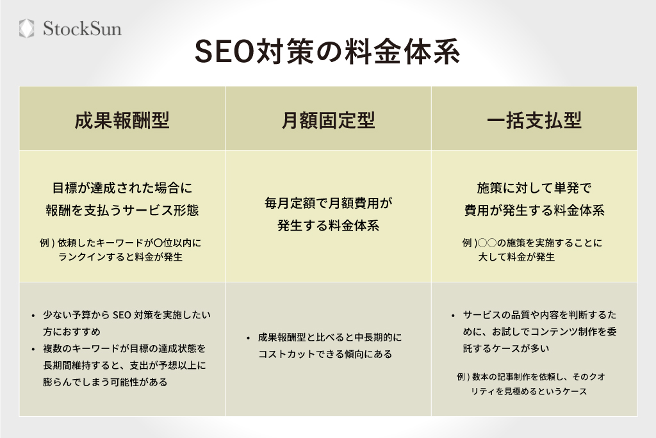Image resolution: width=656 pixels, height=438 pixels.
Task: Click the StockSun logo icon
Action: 26,28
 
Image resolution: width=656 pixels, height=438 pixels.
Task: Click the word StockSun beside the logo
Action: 81,29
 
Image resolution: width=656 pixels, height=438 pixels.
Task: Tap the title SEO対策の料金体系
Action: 327,54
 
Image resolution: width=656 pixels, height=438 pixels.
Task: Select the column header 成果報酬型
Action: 122,120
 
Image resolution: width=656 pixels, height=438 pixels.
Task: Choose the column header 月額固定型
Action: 328,120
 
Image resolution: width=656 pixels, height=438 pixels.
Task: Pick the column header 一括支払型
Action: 534,120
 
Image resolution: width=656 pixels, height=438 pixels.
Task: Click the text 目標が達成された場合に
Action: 122,188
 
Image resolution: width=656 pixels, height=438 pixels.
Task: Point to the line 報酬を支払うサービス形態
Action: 122,210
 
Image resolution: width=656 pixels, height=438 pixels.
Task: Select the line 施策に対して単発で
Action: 534,188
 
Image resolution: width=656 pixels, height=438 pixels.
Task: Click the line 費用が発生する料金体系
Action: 534,210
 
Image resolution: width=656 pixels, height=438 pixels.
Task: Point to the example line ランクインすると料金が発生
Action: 120,257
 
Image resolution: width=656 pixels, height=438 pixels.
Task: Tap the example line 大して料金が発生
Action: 516,257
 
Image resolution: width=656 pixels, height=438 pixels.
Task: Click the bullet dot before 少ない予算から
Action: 33,316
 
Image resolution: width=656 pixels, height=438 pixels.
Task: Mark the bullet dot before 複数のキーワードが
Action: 33,349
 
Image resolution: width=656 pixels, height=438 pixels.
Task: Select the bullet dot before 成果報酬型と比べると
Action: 248,337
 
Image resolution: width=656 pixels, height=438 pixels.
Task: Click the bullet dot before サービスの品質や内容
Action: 454,316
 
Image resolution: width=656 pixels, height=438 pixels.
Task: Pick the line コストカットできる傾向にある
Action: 325,353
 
